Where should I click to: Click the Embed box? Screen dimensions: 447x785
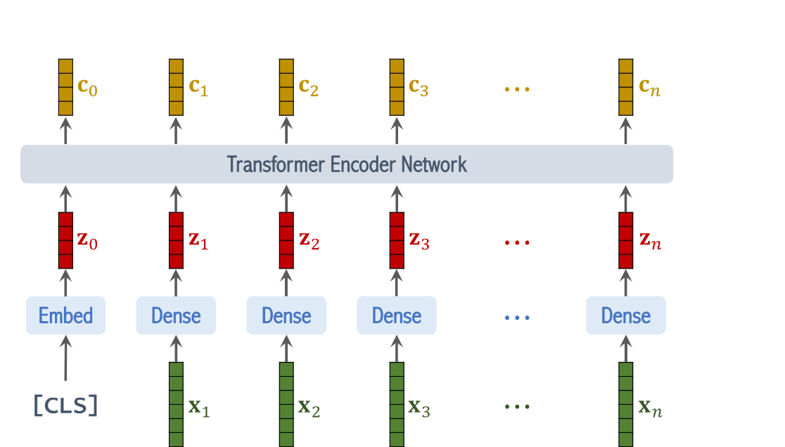pos(65,316)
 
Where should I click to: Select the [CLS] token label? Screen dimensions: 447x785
pos(65,406)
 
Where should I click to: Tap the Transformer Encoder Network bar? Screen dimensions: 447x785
pos(346,164)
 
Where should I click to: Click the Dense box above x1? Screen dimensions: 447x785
pos(176,316)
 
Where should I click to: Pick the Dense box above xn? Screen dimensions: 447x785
pos(625,316)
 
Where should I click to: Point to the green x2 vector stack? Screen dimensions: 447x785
pos(286,404)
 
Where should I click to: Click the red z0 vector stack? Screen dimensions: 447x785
pos(65,240)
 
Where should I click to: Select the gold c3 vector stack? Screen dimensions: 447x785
pos(397,87)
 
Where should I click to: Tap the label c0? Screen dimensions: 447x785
pos(87,88)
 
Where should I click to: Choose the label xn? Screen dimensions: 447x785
pos(650,407)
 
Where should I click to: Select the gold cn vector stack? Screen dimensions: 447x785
pos(625,87)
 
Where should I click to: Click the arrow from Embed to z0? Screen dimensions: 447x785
pos(65,283)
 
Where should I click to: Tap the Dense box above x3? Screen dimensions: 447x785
pos(397,316)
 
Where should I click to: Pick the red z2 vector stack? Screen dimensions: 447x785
pos(286,240)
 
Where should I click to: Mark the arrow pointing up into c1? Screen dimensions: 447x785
pos(176,131)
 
